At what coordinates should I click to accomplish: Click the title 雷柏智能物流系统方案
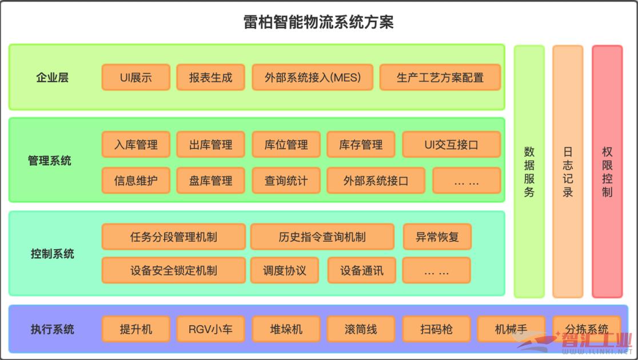pyautogui.click(x=318, y=22)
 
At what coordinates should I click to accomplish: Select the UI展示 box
pyautogui.click(x=136, y=77)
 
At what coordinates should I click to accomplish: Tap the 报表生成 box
pyautogui.click(x=211, y=77)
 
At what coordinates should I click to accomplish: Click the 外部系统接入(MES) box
pyautogui.click(x=313, y=77)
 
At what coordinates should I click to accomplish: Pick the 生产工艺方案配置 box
pyautogui.click(x=440, y=77)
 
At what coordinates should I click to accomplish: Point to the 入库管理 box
pyautogui.click(x=136, y=145)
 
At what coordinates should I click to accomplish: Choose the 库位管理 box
pyautogui.click(x=286, y=145)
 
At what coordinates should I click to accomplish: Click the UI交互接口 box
pyautogui.click(x=452, y=145)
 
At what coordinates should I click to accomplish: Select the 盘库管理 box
pyautogui.click(x=211, y=181)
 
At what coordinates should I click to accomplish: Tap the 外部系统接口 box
pyautogui.click(x=376, y=181)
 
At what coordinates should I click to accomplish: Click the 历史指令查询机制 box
pyautogui.click(x=322, y=237)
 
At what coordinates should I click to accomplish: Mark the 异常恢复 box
pyautogui.click(x=437, y=237)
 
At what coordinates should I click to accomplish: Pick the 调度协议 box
pyautogui.click(x=285, y=270)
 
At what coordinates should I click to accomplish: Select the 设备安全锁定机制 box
pyautogui.click(x=174, y=270)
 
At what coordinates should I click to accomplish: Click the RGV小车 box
pyautogui.click(x=211, y=329)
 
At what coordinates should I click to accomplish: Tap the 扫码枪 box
pyautogui.click(x=437, y=329)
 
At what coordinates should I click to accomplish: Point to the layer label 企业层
pyautogui.click(x=53, y=77)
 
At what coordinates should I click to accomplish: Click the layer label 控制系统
pyautogui.click(x=53, y=254)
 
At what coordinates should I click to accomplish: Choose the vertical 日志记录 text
pyautogui.click(x=568, y=171)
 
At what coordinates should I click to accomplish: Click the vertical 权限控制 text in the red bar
pyautogui.click(x=607, y=171)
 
